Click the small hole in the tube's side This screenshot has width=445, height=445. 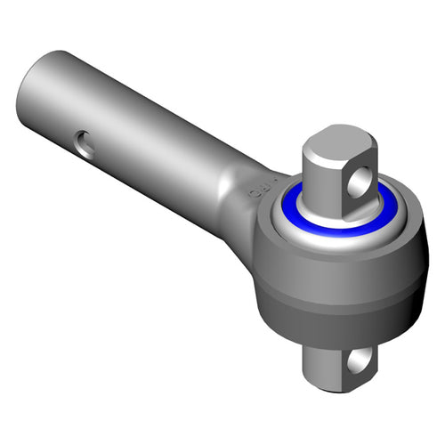85,143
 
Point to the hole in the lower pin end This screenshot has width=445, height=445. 360,360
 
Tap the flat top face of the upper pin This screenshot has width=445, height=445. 333,142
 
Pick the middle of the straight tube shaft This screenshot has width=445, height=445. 133,125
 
